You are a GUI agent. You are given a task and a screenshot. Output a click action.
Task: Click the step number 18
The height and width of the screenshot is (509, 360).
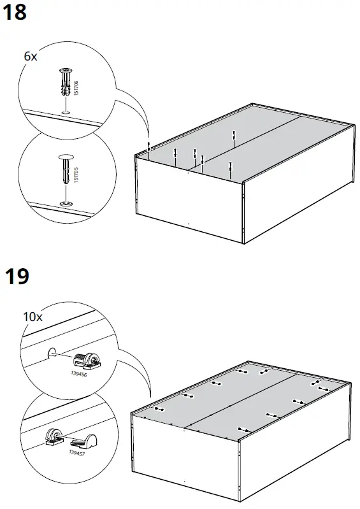(x=15, y=12)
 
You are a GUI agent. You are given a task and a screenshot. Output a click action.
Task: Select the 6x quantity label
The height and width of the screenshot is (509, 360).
(x=31, y=57)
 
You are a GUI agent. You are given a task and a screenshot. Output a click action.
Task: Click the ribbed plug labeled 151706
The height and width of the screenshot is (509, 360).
(x=65, y=80)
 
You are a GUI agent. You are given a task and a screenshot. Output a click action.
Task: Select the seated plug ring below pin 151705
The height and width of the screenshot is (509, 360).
(x=66, y=203)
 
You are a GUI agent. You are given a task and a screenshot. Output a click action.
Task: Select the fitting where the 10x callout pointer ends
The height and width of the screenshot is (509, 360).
(x=157, y=408)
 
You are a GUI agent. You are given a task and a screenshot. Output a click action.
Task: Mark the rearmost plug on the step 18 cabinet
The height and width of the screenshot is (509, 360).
(x=234, y=135)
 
